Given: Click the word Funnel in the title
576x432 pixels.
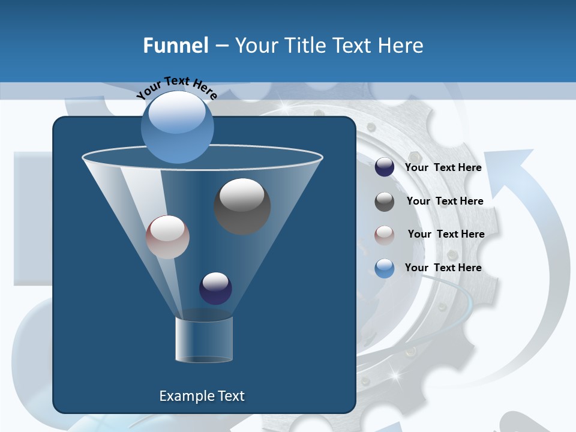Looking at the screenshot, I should click(175, 46).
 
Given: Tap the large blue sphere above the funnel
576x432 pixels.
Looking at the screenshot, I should click(177, 127).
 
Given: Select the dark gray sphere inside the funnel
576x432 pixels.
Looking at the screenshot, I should click(242, 206).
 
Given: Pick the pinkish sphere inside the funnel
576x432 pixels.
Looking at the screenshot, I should click(167, 237).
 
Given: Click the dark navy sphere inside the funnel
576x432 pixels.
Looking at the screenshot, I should click(215, 288).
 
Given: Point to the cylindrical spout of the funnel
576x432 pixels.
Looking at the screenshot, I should click(204, 339).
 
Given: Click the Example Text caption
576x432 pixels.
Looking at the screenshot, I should click(202, 396).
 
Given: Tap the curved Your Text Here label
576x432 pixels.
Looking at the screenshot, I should click(176, 88).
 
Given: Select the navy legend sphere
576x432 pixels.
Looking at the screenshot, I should click(385, 167).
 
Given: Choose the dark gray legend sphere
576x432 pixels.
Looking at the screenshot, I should click(385, 201).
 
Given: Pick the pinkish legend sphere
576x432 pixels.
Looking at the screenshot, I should click(385, 235).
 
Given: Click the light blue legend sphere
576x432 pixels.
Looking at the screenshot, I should click(385, 268).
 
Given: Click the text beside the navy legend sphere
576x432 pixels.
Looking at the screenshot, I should click(443, 167).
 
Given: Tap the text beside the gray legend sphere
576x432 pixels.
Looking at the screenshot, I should click(445, 201).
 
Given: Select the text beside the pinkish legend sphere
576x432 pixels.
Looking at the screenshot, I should click(446, 234).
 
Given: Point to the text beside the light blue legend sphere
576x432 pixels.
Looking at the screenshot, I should click(443, 268).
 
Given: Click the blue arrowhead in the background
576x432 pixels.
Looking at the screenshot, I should click(517, 165).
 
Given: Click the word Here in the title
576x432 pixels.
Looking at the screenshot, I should click(401, 46).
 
